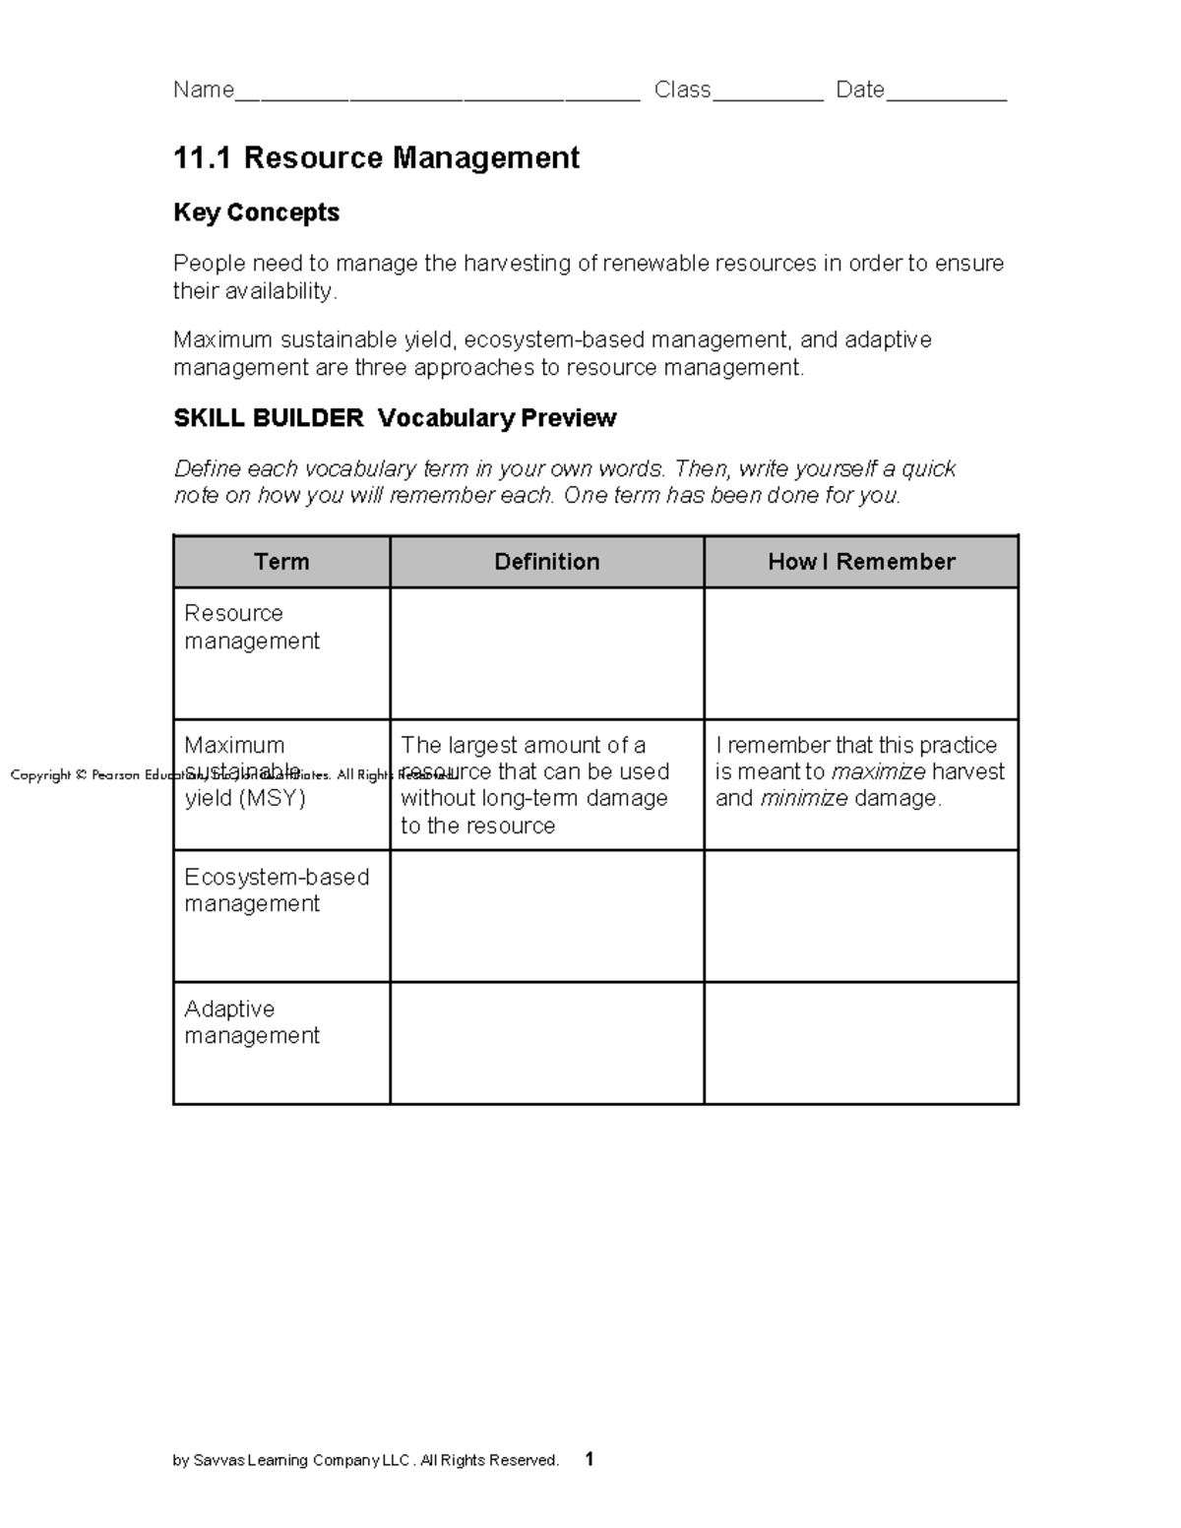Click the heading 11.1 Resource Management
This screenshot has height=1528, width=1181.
pyautogui.click(x=376, y=158)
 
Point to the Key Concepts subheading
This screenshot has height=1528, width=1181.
pyautogui.click(x=256, y=213)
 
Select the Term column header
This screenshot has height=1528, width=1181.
pyautogui.click(x=281, y=562)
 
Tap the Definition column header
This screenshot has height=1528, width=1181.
pyautogui.click(x=547, y=562)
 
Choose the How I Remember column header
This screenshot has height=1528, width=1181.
pyautogui.click(x=861, y=562)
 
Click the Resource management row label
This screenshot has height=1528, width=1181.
pyautogui.click(x=252, y=627)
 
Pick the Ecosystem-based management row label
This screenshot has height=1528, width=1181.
pyautogui.click(x=277, y=890)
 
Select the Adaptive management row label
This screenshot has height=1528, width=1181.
pyautogui.click(x=252, y=1022)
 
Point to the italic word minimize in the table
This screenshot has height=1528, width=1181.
pyautogui.click(x=804, y=799)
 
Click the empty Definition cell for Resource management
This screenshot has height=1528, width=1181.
pyautogui.click(x=547, y=653)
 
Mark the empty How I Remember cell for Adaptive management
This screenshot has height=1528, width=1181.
pyautogui.click(x=861, y=1043)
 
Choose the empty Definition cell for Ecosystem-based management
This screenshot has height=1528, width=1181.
pyautogui.click(x=547, y=916)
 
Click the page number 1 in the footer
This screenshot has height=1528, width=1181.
pyautogui.click(x=590, y=1459)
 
